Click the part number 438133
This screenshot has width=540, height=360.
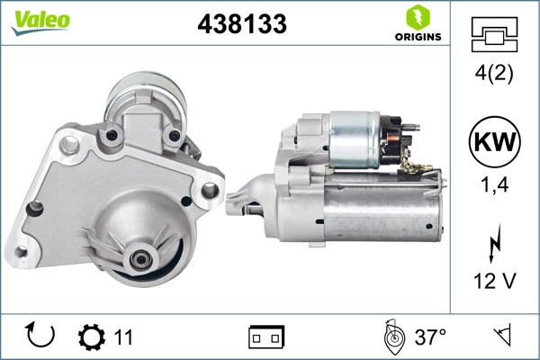[242, 25]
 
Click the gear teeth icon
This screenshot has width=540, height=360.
[91, 337]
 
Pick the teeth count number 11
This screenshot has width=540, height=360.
[123, 337]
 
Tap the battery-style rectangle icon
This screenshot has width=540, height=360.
[266, 337]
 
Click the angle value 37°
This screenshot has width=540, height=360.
[430, 337]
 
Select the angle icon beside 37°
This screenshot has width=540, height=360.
[392, 337]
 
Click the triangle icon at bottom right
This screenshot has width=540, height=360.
[501, 337]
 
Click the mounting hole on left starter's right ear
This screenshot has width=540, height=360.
[209, 190]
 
